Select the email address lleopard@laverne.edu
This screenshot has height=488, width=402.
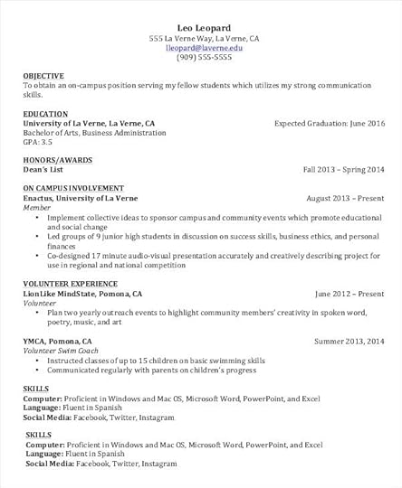click(204, 48)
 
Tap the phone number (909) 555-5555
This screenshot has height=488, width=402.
click(204, 57)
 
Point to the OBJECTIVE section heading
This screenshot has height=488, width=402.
click(43, 76)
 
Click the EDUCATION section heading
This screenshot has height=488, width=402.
click(46, 114)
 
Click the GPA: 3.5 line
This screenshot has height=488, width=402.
click(38, 142)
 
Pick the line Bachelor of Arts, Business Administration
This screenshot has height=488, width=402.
click(95, 133)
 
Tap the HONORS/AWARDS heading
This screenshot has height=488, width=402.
click(59, 160)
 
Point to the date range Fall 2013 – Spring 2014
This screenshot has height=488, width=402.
click(344, 169)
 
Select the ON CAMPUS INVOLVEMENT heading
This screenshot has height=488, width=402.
click(80, 188)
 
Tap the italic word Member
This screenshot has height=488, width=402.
click(37, 207)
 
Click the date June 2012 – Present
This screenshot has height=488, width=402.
click(349, 294)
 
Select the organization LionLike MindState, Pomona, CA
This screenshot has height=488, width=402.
click(82, 294)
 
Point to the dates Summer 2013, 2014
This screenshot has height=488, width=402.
click(349, 341)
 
